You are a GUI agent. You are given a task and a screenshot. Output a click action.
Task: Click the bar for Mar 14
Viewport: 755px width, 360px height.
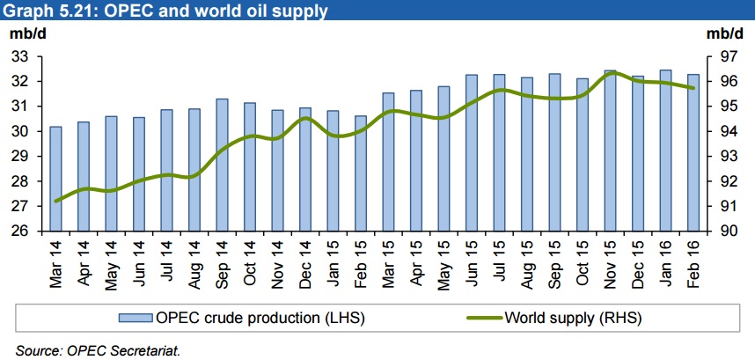pos(55,179)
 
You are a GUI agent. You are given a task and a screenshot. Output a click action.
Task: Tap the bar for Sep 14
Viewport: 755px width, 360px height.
pos(222,165)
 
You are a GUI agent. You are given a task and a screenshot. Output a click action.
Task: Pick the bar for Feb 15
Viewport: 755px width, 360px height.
pos(361,173)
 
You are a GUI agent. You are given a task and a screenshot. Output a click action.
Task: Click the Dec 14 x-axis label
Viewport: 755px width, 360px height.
pos(305,261)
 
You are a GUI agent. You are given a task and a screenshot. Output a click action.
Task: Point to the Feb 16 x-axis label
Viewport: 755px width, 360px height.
pos(693,261)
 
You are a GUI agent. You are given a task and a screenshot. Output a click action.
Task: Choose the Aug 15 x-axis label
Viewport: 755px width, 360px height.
pos(527,261)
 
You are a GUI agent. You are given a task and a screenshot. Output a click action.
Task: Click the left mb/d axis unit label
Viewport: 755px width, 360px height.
pos(27,34)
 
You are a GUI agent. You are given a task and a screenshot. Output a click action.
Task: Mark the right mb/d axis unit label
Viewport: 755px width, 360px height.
pos(724,34)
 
